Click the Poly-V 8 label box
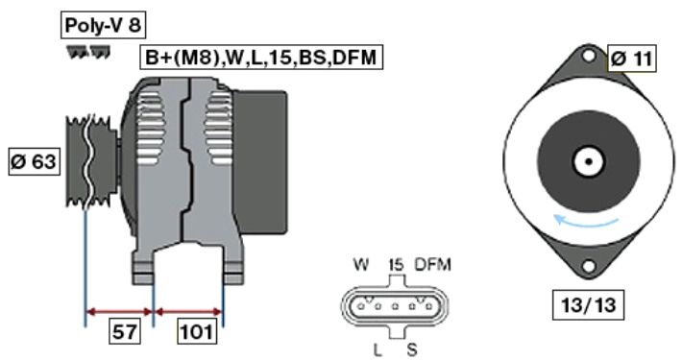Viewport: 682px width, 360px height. tap(103, 25)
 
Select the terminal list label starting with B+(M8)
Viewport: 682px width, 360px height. tap(261, 58)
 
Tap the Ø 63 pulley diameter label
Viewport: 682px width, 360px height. tap(34, 161)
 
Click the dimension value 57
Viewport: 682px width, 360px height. tap(125, 332)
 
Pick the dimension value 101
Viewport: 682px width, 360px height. tap(198, 332)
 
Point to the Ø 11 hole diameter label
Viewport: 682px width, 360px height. tap(631, 59)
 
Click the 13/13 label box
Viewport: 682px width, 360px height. tap(589, 304)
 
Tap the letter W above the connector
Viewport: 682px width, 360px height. tap(362, 264)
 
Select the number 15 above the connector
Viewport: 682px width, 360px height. tap(397, 264)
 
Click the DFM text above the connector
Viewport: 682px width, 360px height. tap(433, 264)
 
